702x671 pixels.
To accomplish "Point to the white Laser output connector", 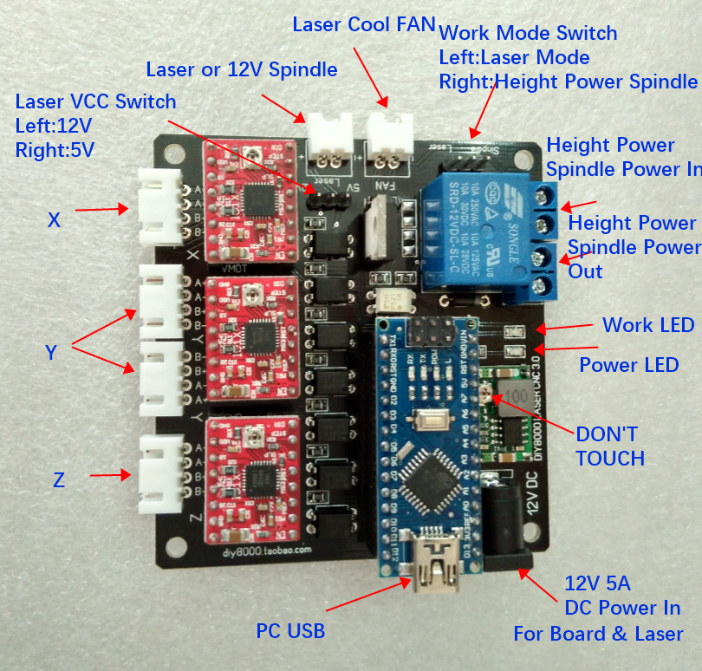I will [x=329, y=138].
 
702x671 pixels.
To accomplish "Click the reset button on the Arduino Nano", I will [x=430, y=423].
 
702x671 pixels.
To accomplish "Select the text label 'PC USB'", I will [x=290, y=631].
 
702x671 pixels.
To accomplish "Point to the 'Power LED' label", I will [x=628, y=365].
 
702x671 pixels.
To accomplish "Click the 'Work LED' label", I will [x=648, y=325].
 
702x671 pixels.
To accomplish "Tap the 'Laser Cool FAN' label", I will [x=363, y=24].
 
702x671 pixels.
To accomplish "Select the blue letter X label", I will [x=54, y=220].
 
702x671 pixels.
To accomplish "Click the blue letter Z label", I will [x=59, y=479].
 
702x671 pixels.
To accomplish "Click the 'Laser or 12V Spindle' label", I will [x=242, y=68].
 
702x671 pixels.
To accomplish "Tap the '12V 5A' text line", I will [x=599, y=583].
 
